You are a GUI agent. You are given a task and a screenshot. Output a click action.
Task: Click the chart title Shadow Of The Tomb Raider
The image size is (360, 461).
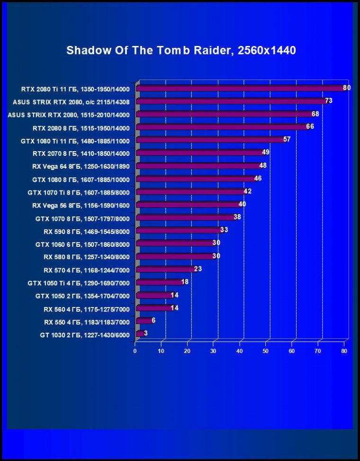181,50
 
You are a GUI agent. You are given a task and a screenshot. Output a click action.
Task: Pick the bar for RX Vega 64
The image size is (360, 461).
198,166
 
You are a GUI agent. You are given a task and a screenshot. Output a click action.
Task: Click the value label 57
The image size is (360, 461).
287,139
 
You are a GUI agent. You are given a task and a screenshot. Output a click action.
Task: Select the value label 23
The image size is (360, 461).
198,269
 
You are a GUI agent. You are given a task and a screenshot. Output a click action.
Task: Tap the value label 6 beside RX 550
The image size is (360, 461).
153,321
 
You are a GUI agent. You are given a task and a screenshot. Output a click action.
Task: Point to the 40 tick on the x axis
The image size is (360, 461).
240,351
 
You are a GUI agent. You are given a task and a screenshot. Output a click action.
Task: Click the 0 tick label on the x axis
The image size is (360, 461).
135,351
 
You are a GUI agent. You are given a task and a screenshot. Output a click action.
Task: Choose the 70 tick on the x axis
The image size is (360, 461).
318,351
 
